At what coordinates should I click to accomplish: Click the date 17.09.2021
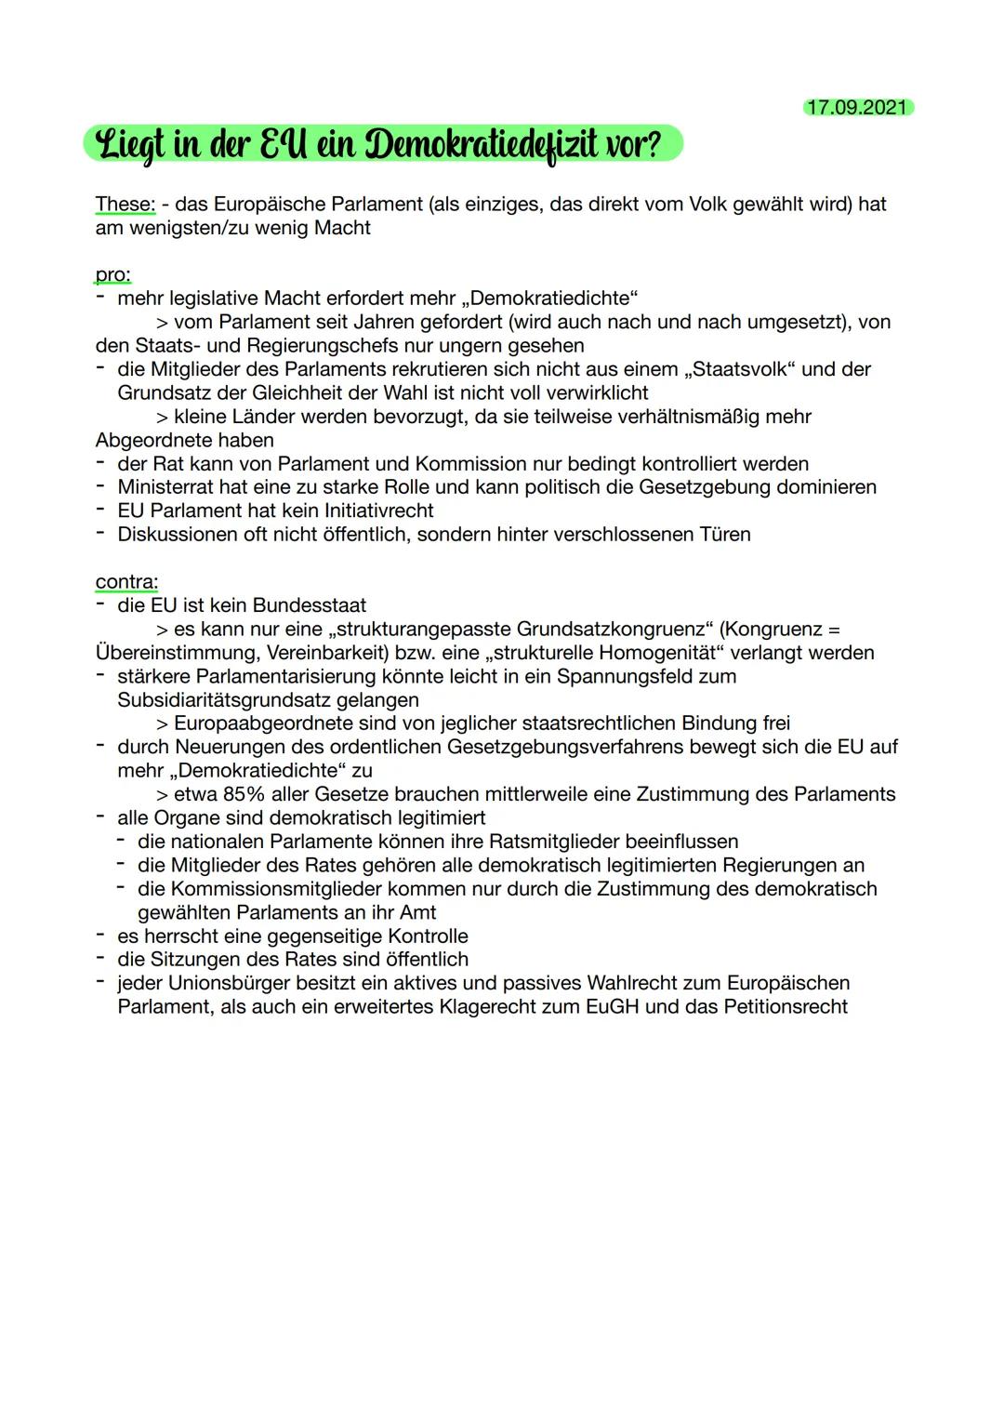857,107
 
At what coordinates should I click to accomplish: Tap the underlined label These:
125,204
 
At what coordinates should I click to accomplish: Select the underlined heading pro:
112,274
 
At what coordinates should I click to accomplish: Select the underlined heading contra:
126,581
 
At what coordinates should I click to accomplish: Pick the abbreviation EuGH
612,1006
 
